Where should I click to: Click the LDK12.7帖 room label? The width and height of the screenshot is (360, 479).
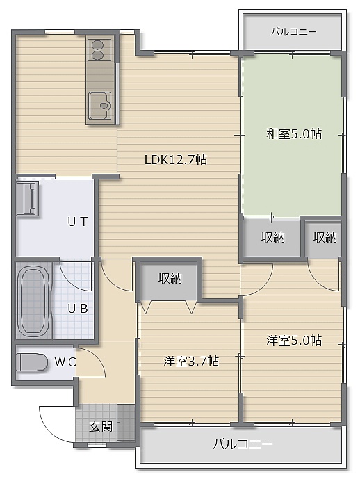(x=176, y=159)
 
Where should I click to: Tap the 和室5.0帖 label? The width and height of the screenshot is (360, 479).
(x=294, y=133)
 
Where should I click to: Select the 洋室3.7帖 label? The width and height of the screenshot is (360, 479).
(x=191, y=362)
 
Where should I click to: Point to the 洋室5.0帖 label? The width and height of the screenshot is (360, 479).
(x=294, y=341)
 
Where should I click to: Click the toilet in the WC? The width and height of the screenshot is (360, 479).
(x=32, y=363)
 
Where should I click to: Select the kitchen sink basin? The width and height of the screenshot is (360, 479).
(x=100, y=105)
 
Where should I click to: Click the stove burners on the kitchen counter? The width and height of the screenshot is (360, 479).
(x=97, y=50)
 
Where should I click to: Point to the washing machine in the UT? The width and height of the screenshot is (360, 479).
(x=28, y=199)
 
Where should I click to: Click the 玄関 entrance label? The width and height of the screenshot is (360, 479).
(x=101, y=426)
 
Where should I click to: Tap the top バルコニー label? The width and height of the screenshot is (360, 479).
(x=293, y=32)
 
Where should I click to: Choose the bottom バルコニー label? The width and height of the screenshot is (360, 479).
(x=242, y=444)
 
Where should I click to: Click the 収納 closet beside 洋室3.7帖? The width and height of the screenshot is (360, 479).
(x=170, y=278)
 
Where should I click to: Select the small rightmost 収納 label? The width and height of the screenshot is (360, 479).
(x=325, y=237)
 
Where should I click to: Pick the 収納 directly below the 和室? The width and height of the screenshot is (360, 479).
(x=273, y=237)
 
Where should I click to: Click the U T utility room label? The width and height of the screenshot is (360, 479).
(x=78, y=222)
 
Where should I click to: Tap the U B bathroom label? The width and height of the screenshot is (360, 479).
(x=78, y=309)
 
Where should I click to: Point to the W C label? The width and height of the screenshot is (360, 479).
(x=65, y=362)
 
